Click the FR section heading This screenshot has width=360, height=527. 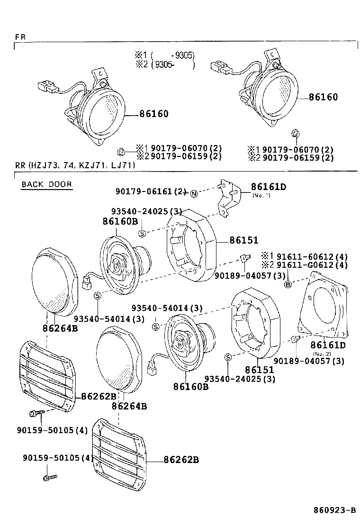pos(20,36)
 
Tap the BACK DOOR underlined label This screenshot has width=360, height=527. pos(46,184)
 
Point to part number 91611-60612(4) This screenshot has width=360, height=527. pos(312,256)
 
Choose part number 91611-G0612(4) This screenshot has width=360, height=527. pos(312,265)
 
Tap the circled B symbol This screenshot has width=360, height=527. pos(287,284)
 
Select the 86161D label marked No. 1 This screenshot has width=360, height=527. pos(268,187)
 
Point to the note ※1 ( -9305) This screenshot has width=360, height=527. pos(164,55)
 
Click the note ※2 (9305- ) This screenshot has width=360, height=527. pos(164,65)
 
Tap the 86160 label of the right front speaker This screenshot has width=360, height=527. pos(323,97)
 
